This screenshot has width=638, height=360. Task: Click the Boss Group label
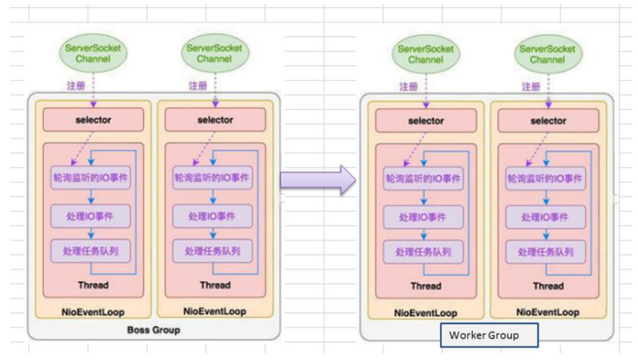tap(153, 330)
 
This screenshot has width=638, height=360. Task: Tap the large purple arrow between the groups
tap(318, 181)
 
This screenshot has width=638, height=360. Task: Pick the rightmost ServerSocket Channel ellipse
tap(548, 54)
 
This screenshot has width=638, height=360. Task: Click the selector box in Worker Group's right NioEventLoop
tap(548, 121)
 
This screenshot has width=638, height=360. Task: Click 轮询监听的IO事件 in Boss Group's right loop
tap(212, 178)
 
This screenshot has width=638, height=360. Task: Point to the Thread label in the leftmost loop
tap(93, 284)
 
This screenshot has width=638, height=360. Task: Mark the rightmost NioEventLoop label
tap(548, 312)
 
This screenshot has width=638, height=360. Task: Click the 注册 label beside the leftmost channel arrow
tap(76, 86)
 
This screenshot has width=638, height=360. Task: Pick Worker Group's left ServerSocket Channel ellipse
tap(425, 54)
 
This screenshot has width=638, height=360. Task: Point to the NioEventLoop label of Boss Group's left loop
tap(93, 311)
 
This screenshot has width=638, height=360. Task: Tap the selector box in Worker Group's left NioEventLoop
tap(426, 121)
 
